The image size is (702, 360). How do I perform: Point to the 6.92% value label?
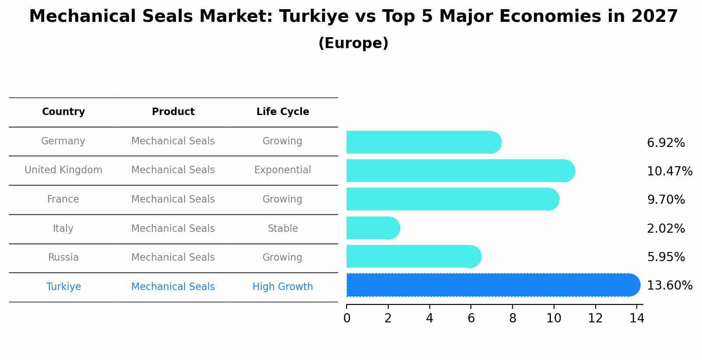point(666,143)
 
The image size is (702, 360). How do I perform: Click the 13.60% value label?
point(670,286)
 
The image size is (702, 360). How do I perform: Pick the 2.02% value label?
point(666,228)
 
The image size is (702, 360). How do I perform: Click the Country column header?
point(63,112)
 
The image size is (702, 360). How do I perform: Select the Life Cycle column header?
point(283,112)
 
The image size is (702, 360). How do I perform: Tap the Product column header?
point(173,112)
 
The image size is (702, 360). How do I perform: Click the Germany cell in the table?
point(63,141)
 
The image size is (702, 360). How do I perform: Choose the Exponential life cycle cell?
point(283,170)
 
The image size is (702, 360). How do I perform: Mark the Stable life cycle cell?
point(283,228)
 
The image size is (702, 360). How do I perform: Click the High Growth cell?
point(283,287)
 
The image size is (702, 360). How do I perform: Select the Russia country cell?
point(63,257)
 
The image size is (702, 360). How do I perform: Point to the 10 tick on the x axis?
point(554,318)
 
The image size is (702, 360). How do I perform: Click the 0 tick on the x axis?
point(347,318)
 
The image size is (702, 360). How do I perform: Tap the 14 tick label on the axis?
point(637,318)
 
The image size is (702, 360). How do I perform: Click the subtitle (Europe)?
point(353,43)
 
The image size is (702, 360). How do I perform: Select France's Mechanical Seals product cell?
point(173,199)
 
